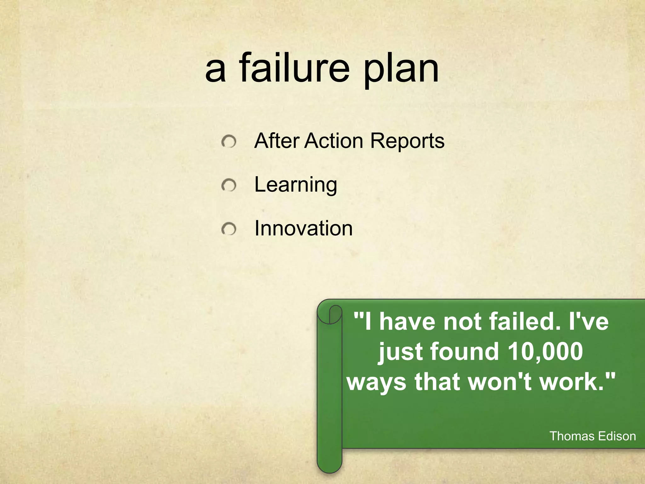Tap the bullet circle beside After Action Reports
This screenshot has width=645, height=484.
[x=229, y=142]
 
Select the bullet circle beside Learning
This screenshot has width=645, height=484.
[x=229, y=186]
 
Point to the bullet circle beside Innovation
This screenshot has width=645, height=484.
[x=229, y=229]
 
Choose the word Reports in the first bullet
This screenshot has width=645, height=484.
[x=407, y=141]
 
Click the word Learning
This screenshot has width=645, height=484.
[x=295, y=185]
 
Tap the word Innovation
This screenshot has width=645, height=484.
[x=303, y=228]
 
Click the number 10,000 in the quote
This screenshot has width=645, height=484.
[x=545, y=351]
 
